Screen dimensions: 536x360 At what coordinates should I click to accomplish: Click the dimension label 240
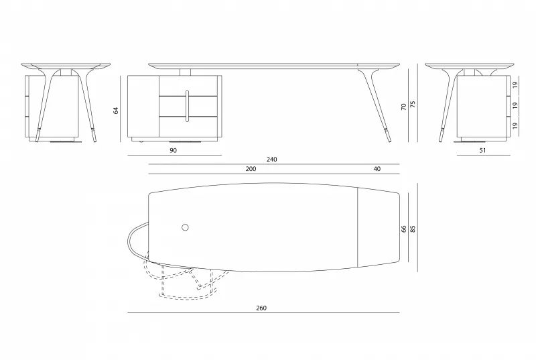(272, 160)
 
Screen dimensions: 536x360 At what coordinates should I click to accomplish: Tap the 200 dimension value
(251, 169)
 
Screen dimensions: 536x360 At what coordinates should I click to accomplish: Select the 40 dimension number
(377, 169)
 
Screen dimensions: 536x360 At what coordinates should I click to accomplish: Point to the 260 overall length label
(261, 308)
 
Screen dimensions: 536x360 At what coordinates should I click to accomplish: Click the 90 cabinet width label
(174, 150)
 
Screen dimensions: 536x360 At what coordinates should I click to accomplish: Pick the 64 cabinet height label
(116, 111)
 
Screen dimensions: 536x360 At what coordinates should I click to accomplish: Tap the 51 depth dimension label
(482, 150)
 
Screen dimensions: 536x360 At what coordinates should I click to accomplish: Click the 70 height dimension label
(404, 107)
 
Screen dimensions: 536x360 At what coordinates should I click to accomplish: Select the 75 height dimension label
(413, 104)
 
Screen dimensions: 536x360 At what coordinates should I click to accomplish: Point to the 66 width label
(404, 229)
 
